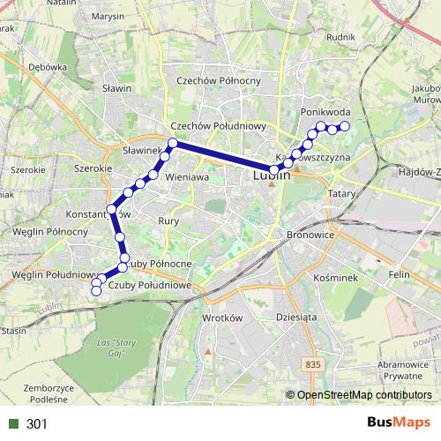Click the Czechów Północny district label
tap(219, 80)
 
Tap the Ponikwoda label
tap(325, 113)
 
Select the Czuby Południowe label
tap(150, 284)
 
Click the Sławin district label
tap(116, 88)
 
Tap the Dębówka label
tap(48, 67)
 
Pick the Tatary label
tap(340, 192)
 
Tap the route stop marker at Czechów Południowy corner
tap(173, 143)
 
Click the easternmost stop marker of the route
tap(345, 127)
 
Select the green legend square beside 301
tap(12, 424)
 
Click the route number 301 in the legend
tap(37, 424)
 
